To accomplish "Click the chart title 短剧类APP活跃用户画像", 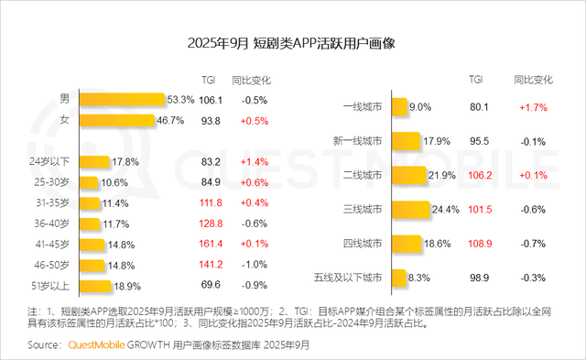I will pyautogui.click(x=292, y=42).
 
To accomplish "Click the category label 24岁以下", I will pyautogui.click(x=60, y=162).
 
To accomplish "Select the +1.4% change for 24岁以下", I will pyautogui.click(x=255, y=162).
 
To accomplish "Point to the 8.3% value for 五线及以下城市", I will pyautogui.click(x=419, y=276).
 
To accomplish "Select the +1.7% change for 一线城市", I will pyautogui.click(x=534, y=107).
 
